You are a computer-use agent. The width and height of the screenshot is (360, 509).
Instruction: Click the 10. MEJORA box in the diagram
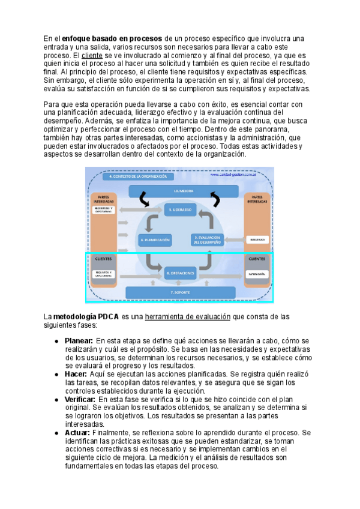coord(179,190)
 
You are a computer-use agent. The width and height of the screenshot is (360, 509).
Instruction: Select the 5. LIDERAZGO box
coord(179,209)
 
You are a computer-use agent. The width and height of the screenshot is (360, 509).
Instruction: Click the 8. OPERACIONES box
coord(180,273)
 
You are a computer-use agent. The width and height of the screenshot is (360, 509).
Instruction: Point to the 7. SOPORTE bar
coord(180,292)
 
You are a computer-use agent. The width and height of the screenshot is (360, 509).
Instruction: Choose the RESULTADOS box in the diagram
coord(259,239)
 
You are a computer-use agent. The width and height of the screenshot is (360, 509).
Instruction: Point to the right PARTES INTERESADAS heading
coord(259,199)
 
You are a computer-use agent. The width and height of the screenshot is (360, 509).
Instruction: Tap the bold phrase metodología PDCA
coord(86,316)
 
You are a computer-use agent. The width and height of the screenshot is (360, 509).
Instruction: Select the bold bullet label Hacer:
coord(76,374)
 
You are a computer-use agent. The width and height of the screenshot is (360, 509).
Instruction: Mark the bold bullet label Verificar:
coord(80,399)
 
